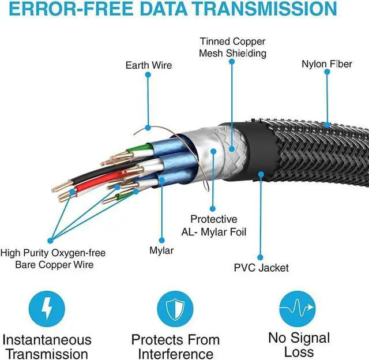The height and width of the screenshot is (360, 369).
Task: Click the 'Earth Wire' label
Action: [149, 65]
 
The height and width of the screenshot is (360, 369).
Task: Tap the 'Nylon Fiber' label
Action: [326, 64]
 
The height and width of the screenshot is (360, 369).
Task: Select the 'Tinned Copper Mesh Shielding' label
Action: [233, 47]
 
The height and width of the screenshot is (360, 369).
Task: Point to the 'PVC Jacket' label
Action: [261, 268]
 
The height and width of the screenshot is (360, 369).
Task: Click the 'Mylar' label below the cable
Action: [161, 251]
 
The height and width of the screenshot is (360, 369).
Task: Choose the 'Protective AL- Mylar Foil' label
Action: [214, 225]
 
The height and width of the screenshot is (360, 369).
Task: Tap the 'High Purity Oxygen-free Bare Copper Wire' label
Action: [52, 258]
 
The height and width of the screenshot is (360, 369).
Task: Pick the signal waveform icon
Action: [298, 308]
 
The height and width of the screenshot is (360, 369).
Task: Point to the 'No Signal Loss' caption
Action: [299, 344]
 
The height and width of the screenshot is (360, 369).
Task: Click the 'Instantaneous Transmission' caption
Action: [47, 347]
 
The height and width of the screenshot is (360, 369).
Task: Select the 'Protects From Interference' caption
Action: [175, 347]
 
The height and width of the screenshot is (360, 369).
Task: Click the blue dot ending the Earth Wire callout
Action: [148, 127]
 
